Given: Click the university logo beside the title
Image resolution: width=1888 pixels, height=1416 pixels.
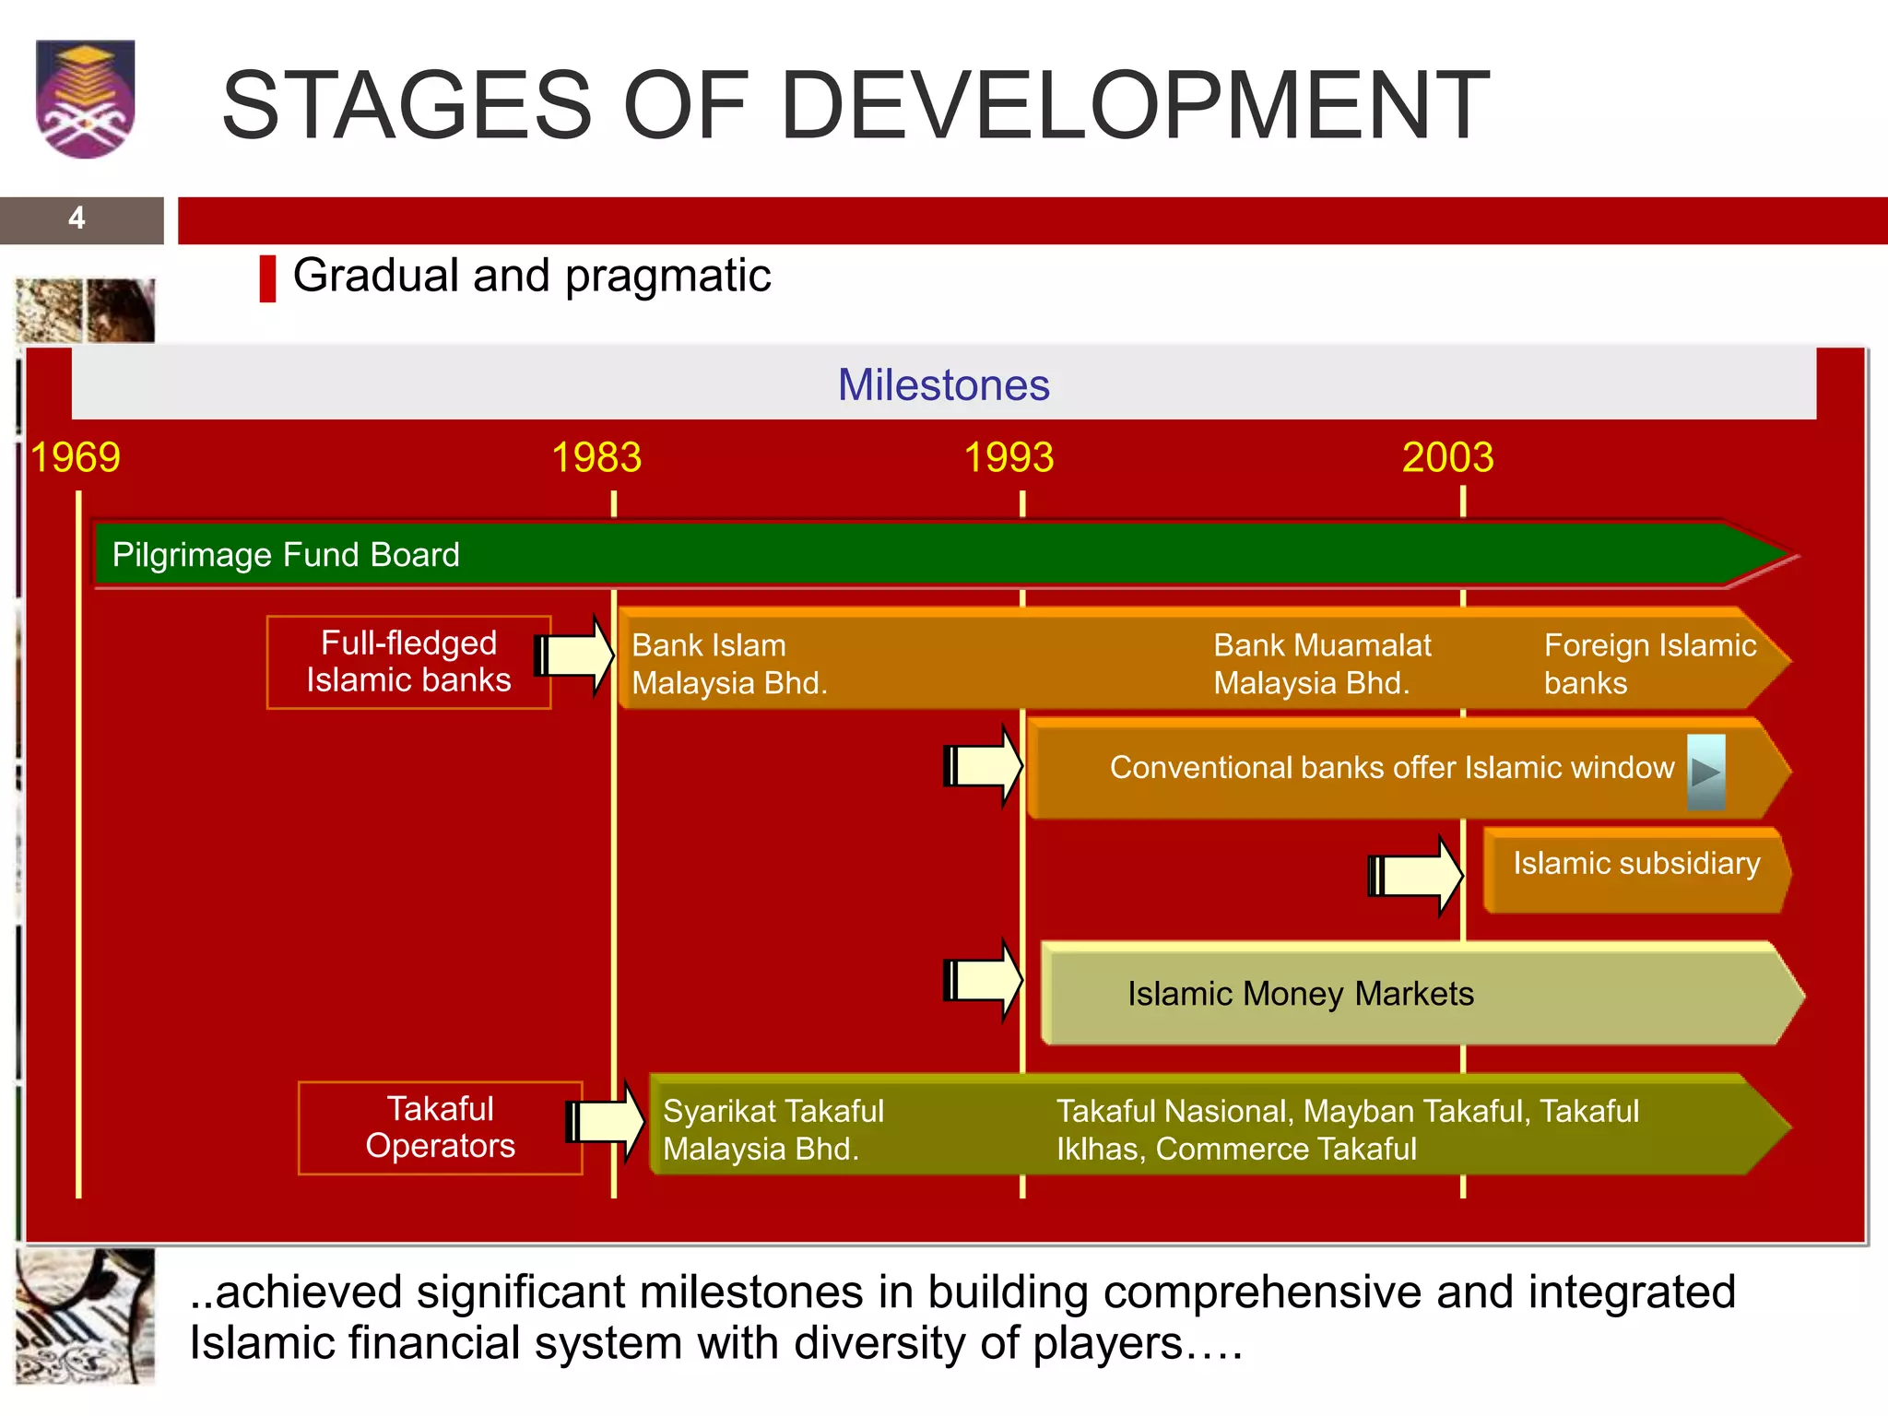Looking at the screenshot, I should tap(85, 99).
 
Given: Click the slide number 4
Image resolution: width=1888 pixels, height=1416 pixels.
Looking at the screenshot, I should tap(77, 218).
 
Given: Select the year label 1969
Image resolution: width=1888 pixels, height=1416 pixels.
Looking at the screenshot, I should tap(75, 458).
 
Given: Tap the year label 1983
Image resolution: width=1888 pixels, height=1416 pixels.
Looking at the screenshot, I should tap(596, 458).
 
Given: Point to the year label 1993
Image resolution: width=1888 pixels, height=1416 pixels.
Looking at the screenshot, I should tap(1009, 458).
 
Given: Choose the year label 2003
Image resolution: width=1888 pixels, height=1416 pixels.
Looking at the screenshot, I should tap(1447, 458).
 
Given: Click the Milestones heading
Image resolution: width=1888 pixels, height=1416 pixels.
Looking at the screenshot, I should tap(943, 385).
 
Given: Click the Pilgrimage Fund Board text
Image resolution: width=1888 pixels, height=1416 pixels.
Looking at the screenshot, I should tap(286, 555).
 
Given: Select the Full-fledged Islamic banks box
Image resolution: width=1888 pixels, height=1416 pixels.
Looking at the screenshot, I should tap(408, 662).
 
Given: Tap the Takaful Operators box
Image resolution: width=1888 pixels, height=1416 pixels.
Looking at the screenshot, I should tap(440, 1127).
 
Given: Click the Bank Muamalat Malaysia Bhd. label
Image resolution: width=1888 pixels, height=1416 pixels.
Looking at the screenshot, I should tap(1321, 664).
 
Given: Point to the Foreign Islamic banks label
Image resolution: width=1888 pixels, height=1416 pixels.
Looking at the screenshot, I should tap(1648, 664).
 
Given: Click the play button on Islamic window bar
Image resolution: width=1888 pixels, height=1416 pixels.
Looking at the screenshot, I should tap(1705, 772).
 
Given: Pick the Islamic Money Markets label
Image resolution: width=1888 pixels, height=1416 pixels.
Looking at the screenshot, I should tap(1300, 994).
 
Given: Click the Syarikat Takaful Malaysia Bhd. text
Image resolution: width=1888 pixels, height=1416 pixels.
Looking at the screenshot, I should tap(773, 1129).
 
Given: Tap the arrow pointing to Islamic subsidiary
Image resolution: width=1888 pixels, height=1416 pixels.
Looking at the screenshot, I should tap(1417, 876).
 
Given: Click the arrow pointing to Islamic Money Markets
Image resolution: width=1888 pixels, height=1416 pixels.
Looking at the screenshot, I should tap(983, 980).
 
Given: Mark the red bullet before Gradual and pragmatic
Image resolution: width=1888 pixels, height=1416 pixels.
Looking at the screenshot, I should tap(267, 278).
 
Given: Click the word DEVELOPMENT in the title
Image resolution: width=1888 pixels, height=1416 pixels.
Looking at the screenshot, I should tap(1134, 106).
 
